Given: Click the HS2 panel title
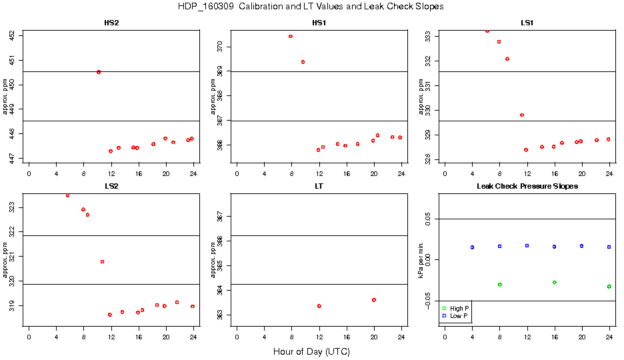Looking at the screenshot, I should point(111,23).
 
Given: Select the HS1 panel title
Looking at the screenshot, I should point(319,23).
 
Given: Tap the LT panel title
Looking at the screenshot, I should point(319,186).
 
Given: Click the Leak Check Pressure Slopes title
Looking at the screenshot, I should point(527,186).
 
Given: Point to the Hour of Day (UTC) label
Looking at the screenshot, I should point(311,351).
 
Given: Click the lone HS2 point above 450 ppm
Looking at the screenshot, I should point(99,72).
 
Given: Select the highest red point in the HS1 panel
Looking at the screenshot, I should point(291,36).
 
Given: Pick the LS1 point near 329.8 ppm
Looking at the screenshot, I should point(522,115).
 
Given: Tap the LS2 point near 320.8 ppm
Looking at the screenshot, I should point(102,261).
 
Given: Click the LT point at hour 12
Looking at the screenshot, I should point(319,306).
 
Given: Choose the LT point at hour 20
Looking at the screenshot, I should point(374,300).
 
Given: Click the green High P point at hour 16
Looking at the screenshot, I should point(555,283).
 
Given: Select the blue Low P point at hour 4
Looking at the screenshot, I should point(472,247).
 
